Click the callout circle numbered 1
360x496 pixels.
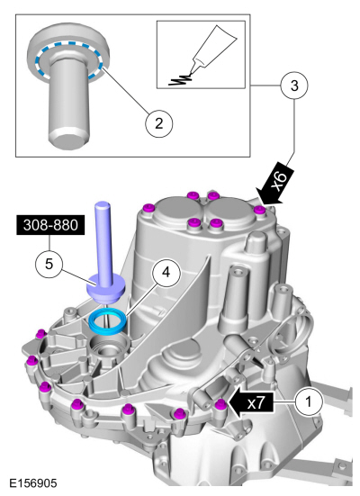pyautogui.click(x=309, y=401)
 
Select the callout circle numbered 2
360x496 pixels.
pyautogui.click(x=158, y=123)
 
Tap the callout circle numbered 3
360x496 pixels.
pyautogui.click(x=294, y=86)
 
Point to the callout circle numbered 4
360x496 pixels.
pyautogui.click(x=166, y=273)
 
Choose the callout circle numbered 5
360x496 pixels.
pyautogui.click(x=49, y=264)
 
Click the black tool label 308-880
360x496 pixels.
pyautogui.click(x=50, y=225)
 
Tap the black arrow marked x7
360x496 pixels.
pyautogui.click(x=250, y=402)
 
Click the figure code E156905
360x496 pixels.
pyautogui.click(x=33, y=483)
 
